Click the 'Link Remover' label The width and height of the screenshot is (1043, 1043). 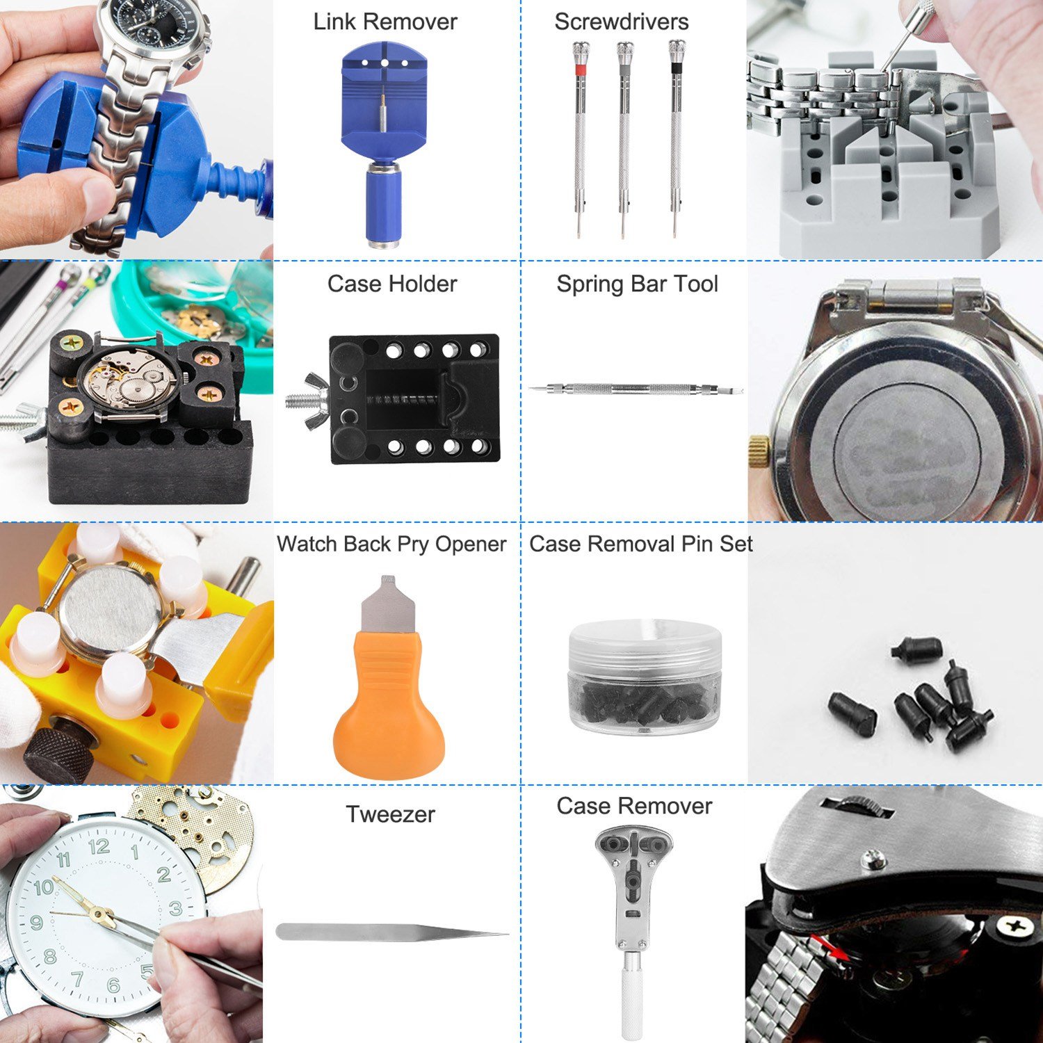[385, 22]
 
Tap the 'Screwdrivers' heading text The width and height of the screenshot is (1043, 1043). [622, 22]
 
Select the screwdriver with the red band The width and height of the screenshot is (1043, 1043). [579, 139]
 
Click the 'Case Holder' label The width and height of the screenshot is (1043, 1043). [392, 284]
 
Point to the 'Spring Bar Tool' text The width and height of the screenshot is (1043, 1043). [638, 284]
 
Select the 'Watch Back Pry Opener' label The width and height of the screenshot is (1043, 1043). [391, 544]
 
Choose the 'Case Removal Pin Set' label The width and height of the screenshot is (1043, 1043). [641, 544]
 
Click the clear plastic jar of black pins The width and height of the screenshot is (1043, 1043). [645, 677]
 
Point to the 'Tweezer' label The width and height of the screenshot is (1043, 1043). [391, 814]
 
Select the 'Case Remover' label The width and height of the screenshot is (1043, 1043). [634, 806]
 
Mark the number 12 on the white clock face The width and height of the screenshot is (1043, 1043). [99, 846]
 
